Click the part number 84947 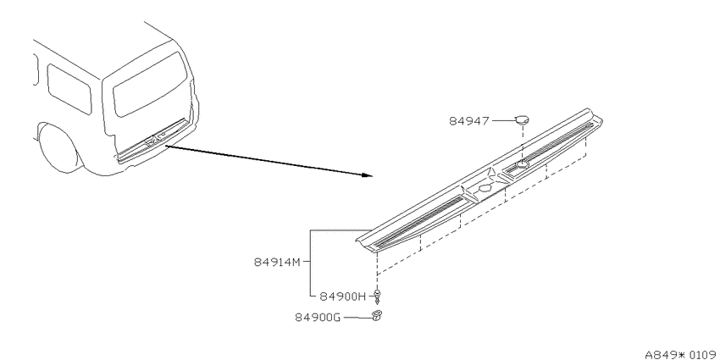point(469,121)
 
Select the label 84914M point(277,263)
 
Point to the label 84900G point(318,318)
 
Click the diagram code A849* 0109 point(680,354)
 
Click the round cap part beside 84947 point(522,120)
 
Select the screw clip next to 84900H point(378,296)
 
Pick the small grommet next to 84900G point(377,316)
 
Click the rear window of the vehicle point(150,84)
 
